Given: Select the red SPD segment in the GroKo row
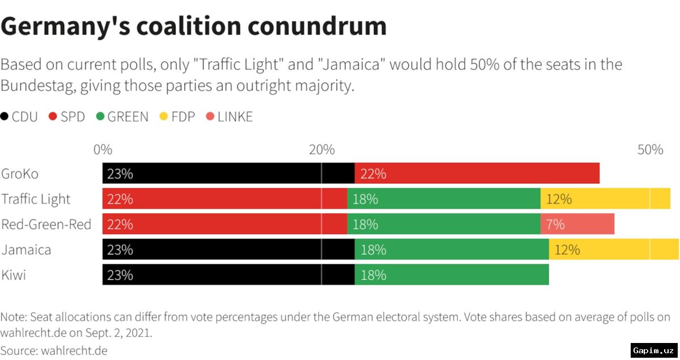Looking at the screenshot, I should [x=477, y=173].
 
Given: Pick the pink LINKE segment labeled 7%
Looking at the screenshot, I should [x=577, y=224].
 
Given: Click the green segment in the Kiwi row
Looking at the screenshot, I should [x=452, y=275].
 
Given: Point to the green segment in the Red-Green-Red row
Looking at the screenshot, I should [x=443, y=224].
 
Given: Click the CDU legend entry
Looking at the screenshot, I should [x=20, y=117].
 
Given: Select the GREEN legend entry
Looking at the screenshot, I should [x=122, y=117].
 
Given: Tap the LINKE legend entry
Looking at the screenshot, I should [x=229, y=117].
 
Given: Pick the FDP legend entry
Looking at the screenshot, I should [x=177, y=117].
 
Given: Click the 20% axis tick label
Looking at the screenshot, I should [x=321, y=150].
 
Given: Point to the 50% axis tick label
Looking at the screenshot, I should [x=650, y=150].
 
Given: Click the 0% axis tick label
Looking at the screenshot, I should [x=103, y=150].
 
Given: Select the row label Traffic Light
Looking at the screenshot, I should [x=36, y=199].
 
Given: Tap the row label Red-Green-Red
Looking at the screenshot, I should [x=46, y=225].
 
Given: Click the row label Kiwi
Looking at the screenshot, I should [x=14, y=275].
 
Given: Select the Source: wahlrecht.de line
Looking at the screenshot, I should [x=54, y=350].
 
